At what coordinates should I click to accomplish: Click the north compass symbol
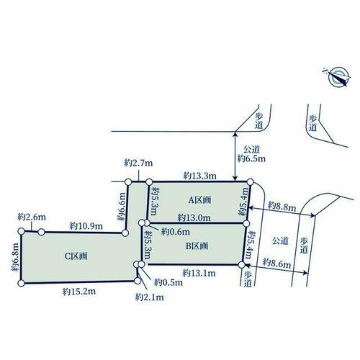(x=337, y=76)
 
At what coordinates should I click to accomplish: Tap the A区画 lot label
(x=199, y=199)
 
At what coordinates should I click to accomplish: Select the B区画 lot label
(x=197, y=246)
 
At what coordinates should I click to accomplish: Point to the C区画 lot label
(x=76, y=256)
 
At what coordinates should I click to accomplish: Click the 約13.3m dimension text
(x=200, y=176)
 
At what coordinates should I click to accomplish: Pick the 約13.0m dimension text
(x=194, y=217)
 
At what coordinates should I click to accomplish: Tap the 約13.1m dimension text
(x=199, y=273)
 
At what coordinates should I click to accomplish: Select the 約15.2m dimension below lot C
(x=79, y=292)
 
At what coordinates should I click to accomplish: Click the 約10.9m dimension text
(x=86, y=226)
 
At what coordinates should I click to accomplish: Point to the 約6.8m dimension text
(x=15, y=257)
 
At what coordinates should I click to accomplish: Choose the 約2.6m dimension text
(x=32, y=217)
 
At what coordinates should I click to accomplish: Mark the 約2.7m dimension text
(x=138, y=163)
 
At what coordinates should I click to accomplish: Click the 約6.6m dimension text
(x=122, y=207)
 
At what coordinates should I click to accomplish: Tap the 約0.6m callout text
(x=176, y=232)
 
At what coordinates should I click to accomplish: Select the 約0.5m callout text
(x=168, y=282)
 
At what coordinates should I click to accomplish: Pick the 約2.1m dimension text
(x=149, y=297)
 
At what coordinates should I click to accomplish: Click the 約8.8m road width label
(x=282, y=206)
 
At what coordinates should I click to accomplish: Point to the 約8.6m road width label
(x=276, y=263)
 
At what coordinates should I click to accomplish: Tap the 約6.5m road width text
(x=251, y=158)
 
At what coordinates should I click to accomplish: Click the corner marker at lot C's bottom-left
(x=21, y=283)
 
